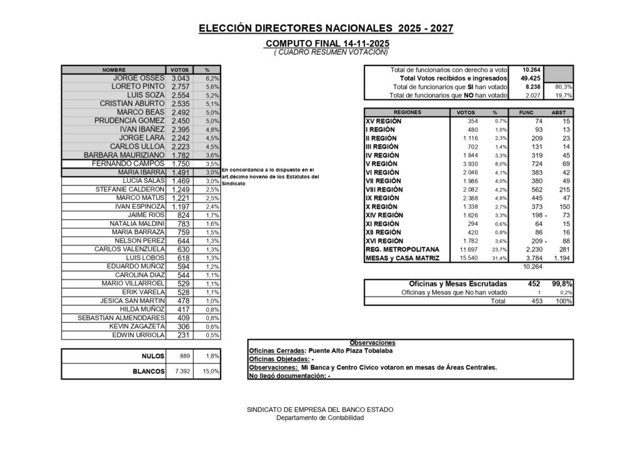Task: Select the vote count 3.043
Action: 181,78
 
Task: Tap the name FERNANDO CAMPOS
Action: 128,164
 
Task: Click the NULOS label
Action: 152,356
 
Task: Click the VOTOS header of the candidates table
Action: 179,70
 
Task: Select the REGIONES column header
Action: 407,112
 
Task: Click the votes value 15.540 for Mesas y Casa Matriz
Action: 469,258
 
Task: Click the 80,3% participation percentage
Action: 563,87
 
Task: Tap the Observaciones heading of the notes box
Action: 372,343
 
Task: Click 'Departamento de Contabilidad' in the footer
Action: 320,418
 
